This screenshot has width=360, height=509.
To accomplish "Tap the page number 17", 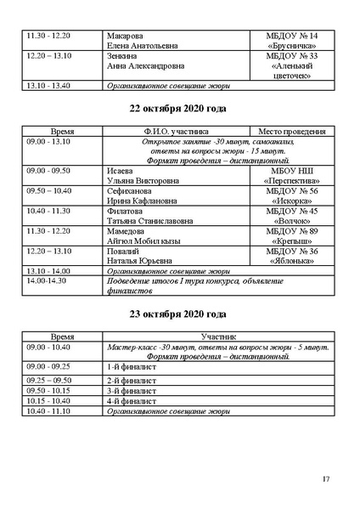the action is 326,479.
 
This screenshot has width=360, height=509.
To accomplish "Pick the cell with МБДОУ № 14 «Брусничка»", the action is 292,41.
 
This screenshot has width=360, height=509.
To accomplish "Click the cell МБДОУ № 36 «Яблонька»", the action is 292,256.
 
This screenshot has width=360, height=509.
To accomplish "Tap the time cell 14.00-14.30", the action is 47,280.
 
